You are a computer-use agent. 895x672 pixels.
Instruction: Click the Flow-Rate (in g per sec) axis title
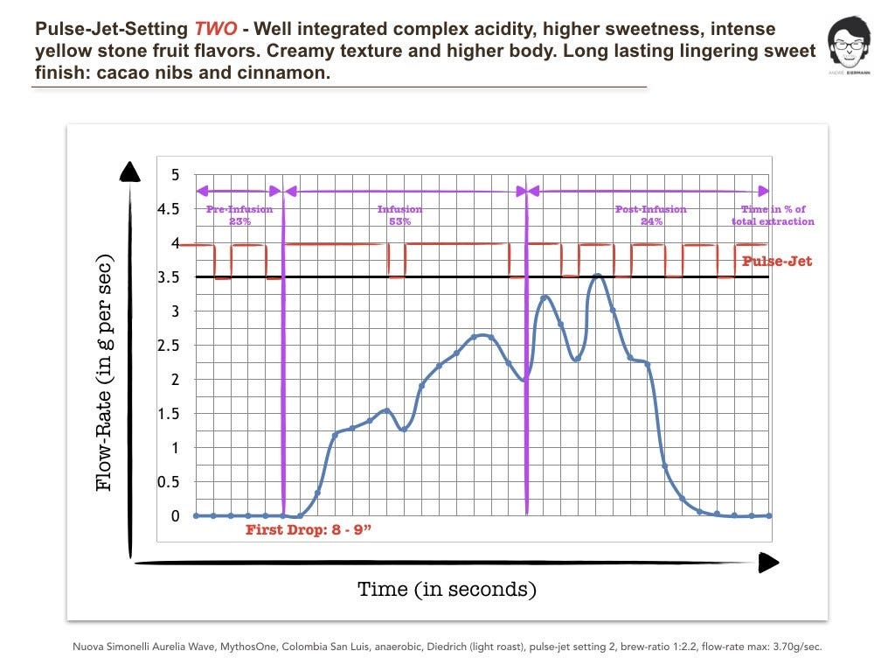[x=104, y=374]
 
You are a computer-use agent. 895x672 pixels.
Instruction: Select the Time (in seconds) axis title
[x=447, y=589]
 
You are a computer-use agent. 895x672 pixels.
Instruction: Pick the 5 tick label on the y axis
[x=175, y=175]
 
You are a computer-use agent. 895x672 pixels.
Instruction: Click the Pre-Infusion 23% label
[x=239, y=215]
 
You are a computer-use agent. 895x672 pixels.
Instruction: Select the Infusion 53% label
[x=399, y=215]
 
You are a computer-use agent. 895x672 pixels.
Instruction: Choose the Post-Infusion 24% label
[x=650, y=215]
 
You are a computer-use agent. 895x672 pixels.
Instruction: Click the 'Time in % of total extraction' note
[x=773, y=215]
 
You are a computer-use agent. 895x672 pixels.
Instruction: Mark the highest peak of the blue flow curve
[x=597, y=276]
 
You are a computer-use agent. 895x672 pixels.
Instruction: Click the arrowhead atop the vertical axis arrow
[x=130, y=171]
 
